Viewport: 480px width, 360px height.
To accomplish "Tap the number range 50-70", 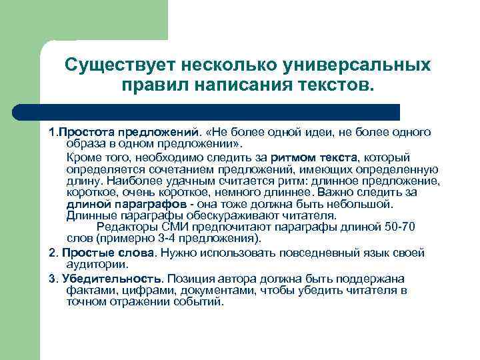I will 400,227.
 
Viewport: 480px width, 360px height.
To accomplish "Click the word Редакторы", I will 125,227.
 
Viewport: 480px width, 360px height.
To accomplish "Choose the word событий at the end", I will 201,301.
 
